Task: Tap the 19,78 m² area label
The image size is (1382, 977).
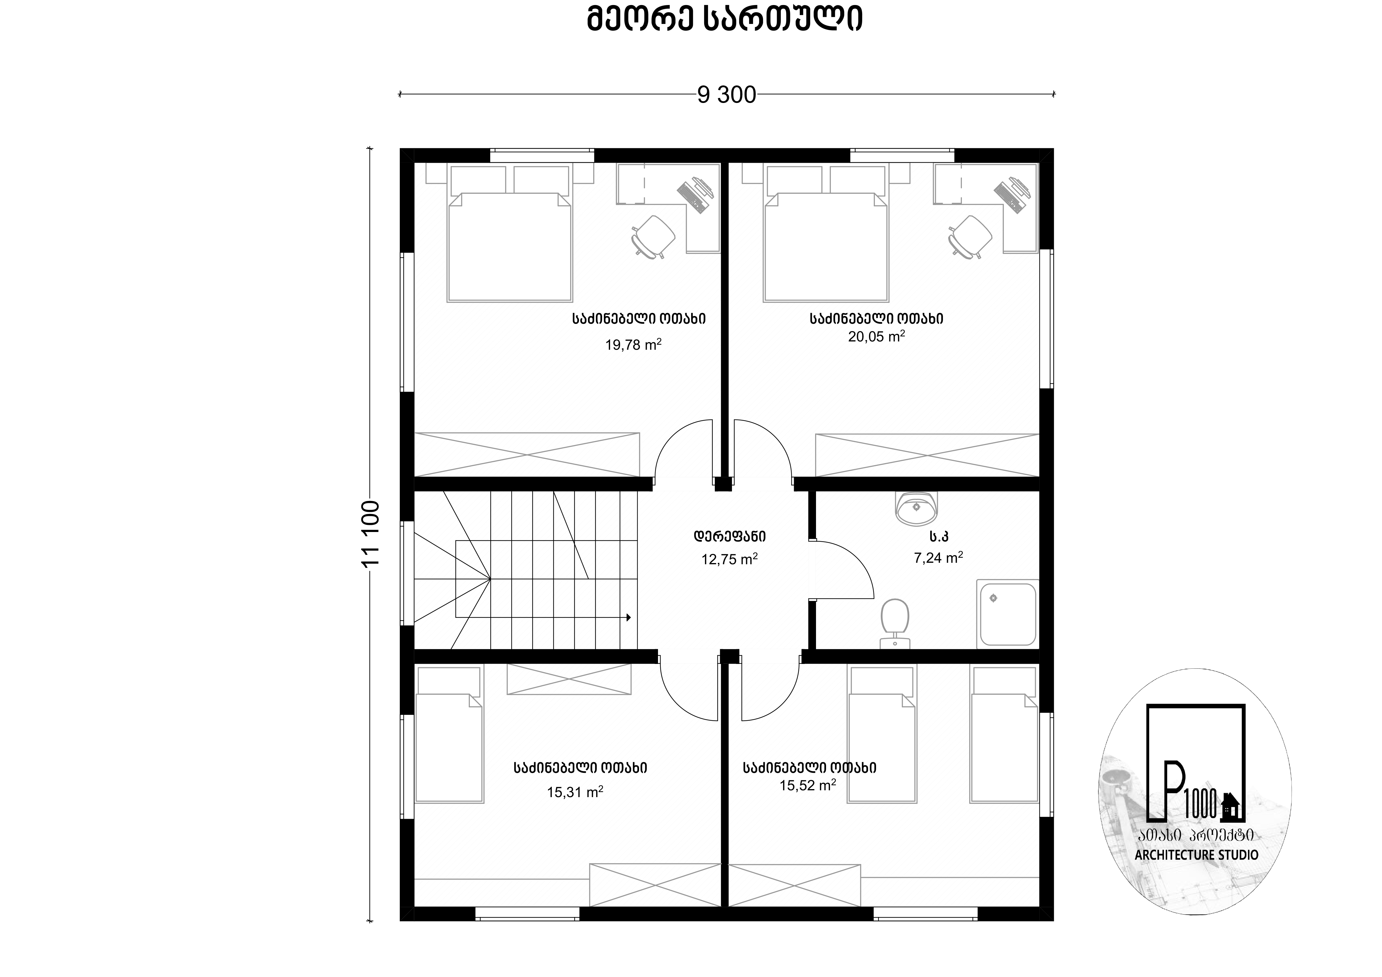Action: [633, 344]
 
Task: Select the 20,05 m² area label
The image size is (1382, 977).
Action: [876, 336]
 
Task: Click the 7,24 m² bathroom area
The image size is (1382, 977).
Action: [938, 557]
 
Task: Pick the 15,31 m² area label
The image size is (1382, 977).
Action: [575, 791]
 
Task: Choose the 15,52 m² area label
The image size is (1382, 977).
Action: [808, 785]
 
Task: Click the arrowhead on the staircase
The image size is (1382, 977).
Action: [628, 617]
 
